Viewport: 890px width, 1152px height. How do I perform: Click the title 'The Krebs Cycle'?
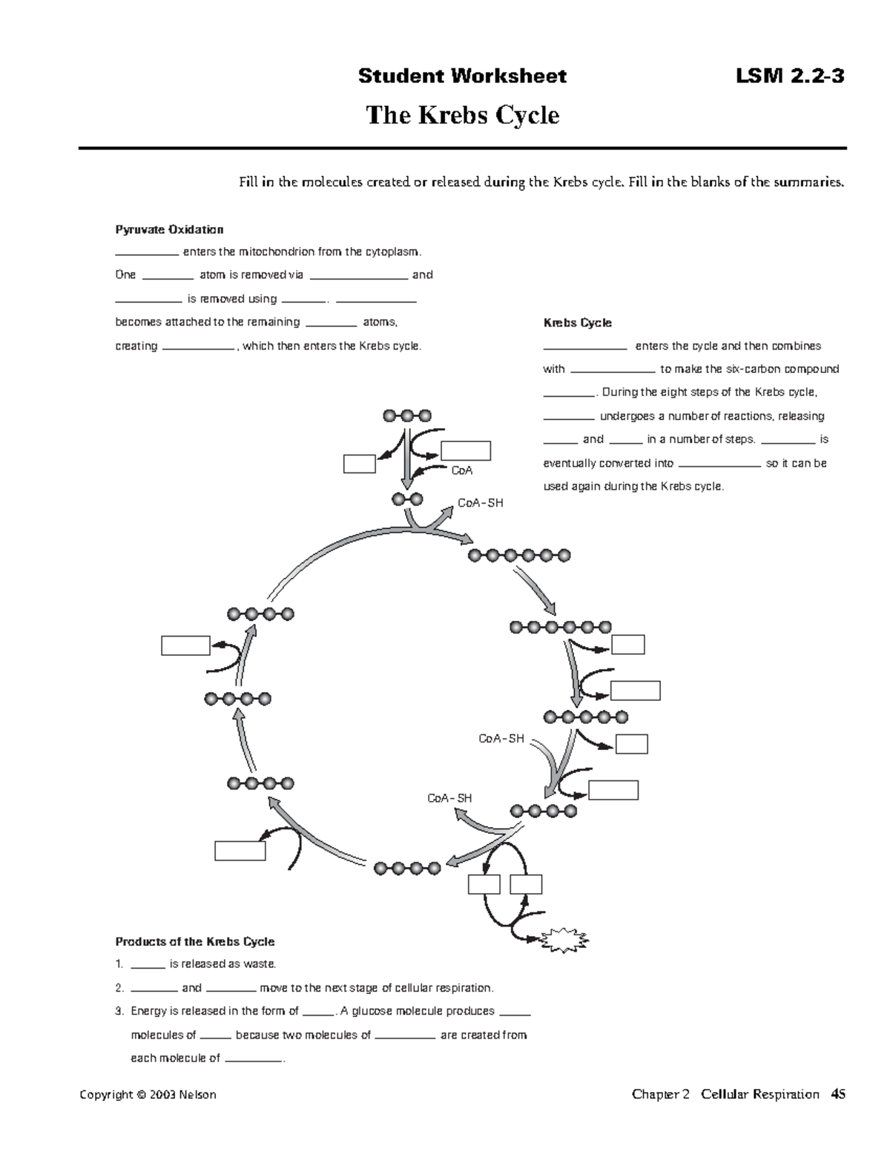462,116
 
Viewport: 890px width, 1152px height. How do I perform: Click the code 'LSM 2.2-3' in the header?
789,76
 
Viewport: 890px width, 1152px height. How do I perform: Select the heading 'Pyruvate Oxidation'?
169,229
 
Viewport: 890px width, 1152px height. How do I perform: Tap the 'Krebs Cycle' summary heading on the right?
577,323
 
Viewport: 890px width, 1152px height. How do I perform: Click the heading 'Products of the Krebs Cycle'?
194,941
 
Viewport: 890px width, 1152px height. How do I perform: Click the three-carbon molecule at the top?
406,416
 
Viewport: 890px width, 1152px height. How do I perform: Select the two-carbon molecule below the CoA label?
407,499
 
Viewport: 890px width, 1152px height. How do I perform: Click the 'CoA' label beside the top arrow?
461,470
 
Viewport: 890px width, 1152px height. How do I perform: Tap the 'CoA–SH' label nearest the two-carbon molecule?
480,503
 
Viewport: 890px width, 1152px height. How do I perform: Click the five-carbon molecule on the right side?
585,717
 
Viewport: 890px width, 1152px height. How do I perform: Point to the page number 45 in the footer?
838,1094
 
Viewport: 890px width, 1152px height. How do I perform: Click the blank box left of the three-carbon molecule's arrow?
359,464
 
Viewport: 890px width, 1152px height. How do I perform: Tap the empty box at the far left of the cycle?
185,645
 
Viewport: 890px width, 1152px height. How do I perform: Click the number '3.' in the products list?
119,1011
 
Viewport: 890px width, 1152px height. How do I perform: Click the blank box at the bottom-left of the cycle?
240,850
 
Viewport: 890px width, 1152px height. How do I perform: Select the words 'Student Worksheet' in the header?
462,76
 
